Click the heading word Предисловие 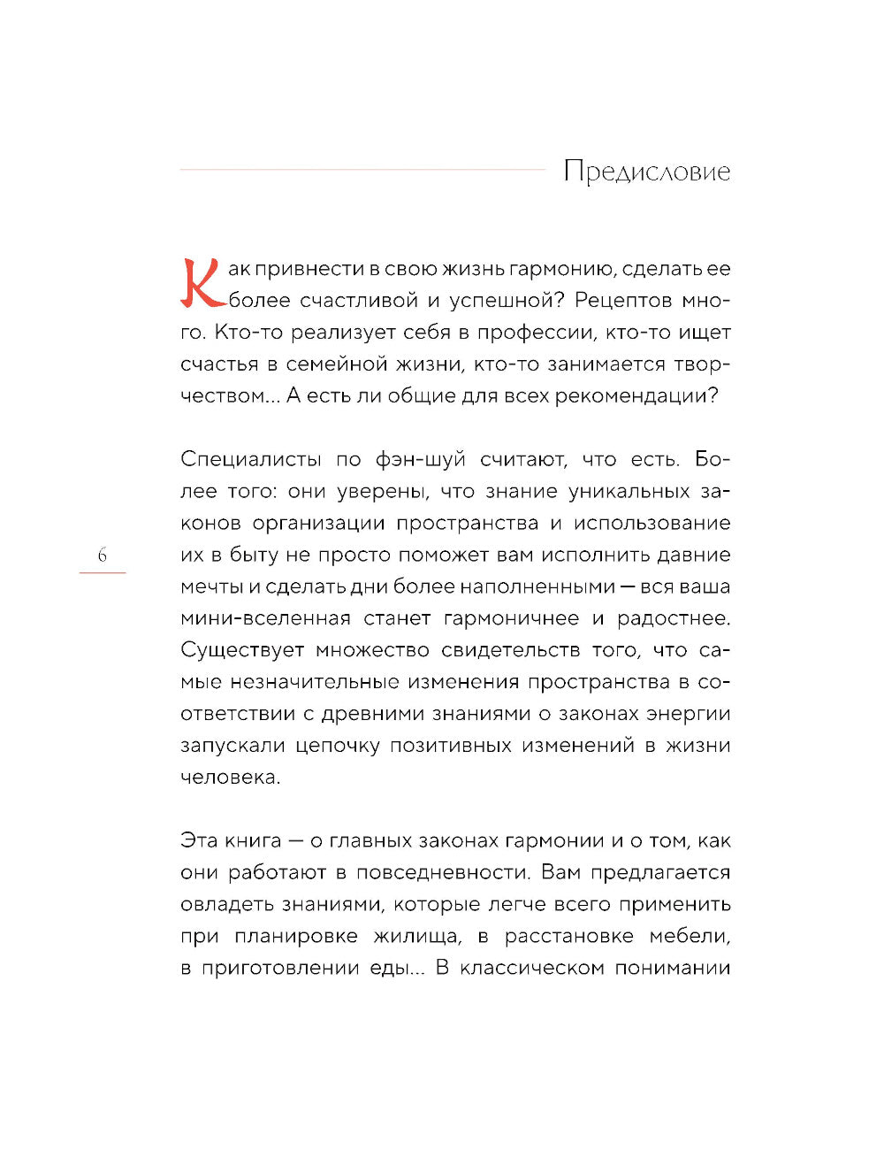pyautogui.click(x=646, y=172)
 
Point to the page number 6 pyautogui.click(x=103, y=556)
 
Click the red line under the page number pyautogui.click(x=103, y=573)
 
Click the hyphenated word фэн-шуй pyautogui.click(x=420, y=460)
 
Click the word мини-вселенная pyautogui.click(x=265, y=619)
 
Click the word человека pyautogui.click(x=229, y=778)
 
